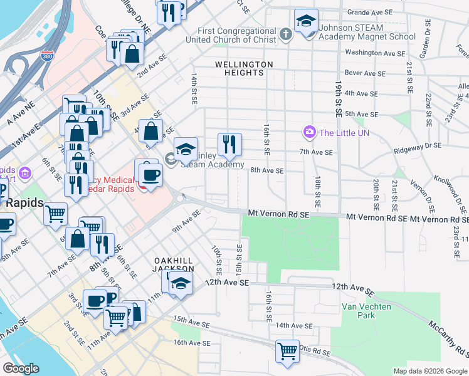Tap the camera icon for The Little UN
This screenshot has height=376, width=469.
click(x=309, y=132)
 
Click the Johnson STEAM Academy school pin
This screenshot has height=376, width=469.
click(x=307, y=24)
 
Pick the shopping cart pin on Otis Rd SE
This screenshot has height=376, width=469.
click(x=287, y=351)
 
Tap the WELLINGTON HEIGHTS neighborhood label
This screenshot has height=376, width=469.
click(x=244, y=68)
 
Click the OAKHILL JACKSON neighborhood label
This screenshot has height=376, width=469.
click(x=173, y=264)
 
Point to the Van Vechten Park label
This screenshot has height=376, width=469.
click(x=366, y=311)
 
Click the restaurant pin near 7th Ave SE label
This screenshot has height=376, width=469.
click(x=229, y=145)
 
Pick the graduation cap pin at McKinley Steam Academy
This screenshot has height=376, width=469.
click(x=186, y=149)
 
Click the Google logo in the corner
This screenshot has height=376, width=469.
click(x=21, y=369)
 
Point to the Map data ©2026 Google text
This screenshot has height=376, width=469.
click(x=430, y=371)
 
